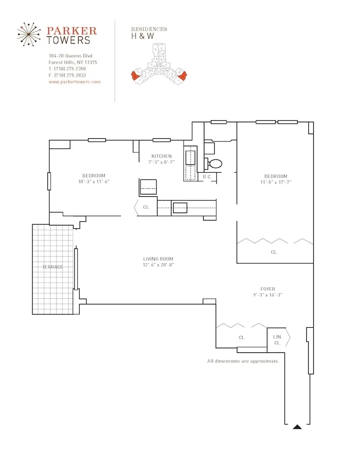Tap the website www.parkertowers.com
(x=75, y=82)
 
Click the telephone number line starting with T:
(x=67, y=69)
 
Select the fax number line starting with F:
(x=67, y=75)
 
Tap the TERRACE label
(x=53, y=267)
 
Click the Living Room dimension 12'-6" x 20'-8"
(x=158, y=265)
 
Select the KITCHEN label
(x=162, y=156)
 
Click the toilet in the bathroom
(x=215, y=164)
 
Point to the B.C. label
(x=207, y=177)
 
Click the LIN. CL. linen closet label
(x=278, y=340)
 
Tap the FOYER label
(x=268, y=289)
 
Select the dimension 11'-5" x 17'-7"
(x=276, y=182)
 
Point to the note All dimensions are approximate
(x=243, y=361)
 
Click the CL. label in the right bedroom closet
(x=274, y=252)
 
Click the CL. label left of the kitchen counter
(x=146, y=207)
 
